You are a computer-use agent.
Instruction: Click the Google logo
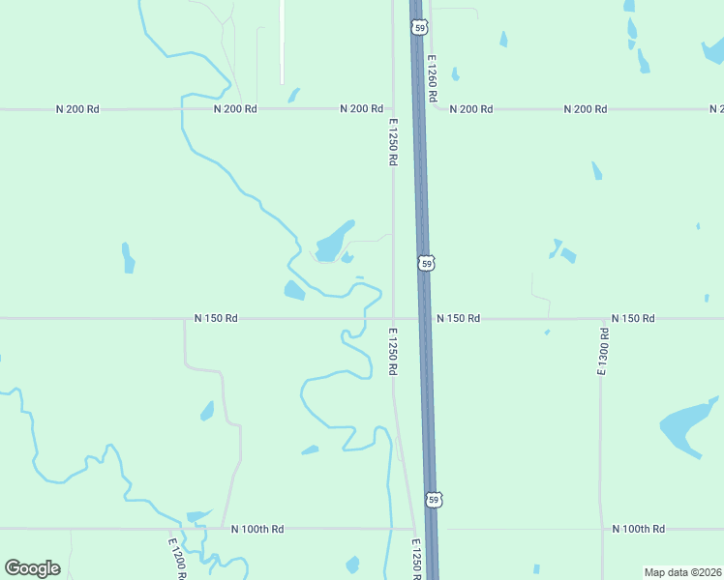[32, 568]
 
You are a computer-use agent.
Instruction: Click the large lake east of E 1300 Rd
[687, 424]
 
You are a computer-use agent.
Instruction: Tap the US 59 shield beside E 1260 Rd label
[418, 28]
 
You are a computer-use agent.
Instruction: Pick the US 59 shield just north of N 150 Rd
[427, 263]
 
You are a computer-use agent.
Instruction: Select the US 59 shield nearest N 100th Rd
[436, 500]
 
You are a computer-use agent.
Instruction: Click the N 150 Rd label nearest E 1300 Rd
[633, 318]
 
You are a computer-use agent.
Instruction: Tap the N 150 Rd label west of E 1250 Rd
[216, 317]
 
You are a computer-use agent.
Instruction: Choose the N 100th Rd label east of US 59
[639, 529]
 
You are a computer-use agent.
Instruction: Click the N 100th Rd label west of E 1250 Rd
[257, 529]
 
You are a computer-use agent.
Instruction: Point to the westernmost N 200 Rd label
[77, 109]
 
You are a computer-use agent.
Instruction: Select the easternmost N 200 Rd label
[585, 109]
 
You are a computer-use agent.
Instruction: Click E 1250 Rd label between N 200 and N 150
[393, 142]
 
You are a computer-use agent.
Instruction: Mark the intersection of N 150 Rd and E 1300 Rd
[602, 318]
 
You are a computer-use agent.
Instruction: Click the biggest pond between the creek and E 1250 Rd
[333, 241]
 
